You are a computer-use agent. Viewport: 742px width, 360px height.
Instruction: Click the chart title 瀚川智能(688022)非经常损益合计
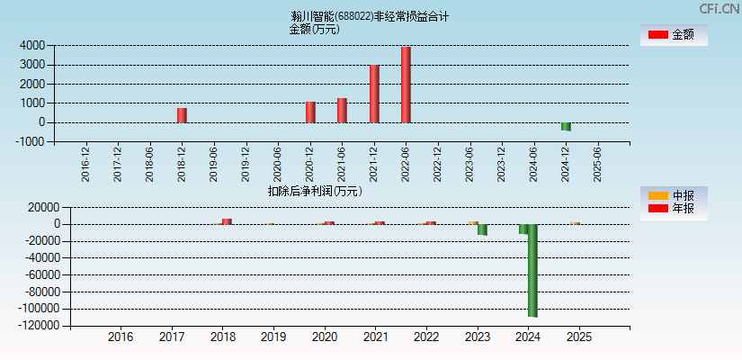tap(371, 16)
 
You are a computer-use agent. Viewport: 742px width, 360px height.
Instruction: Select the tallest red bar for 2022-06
tap(406, 85)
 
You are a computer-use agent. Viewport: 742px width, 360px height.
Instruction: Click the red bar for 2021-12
tap(374, 94)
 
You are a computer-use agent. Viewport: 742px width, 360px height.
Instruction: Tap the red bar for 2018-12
tap(182, 115)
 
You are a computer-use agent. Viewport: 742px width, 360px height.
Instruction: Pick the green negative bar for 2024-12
tap(566, 127)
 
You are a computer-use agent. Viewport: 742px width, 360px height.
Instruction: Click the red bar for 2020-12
tap(310, 112)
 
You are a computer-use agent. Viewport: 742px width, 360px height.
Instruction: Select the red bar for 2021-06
tap(342, 111)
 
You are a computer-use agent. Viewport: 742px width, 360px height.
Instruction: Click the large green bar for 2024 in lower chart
tap(532, 270)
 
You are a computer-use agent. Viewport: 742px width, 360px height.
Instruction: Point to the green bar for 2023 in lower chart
tap(482, 229)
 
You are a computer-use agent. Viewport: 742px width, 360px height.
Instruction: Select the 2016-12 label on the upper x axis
tap(85, 165)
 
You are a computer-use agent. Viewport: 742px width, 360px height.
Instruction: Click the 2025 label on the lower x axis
tap(579, 337)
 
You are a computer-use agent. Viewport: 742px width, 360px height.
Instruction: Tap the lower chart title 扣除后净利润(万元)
tap(315, 191)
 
